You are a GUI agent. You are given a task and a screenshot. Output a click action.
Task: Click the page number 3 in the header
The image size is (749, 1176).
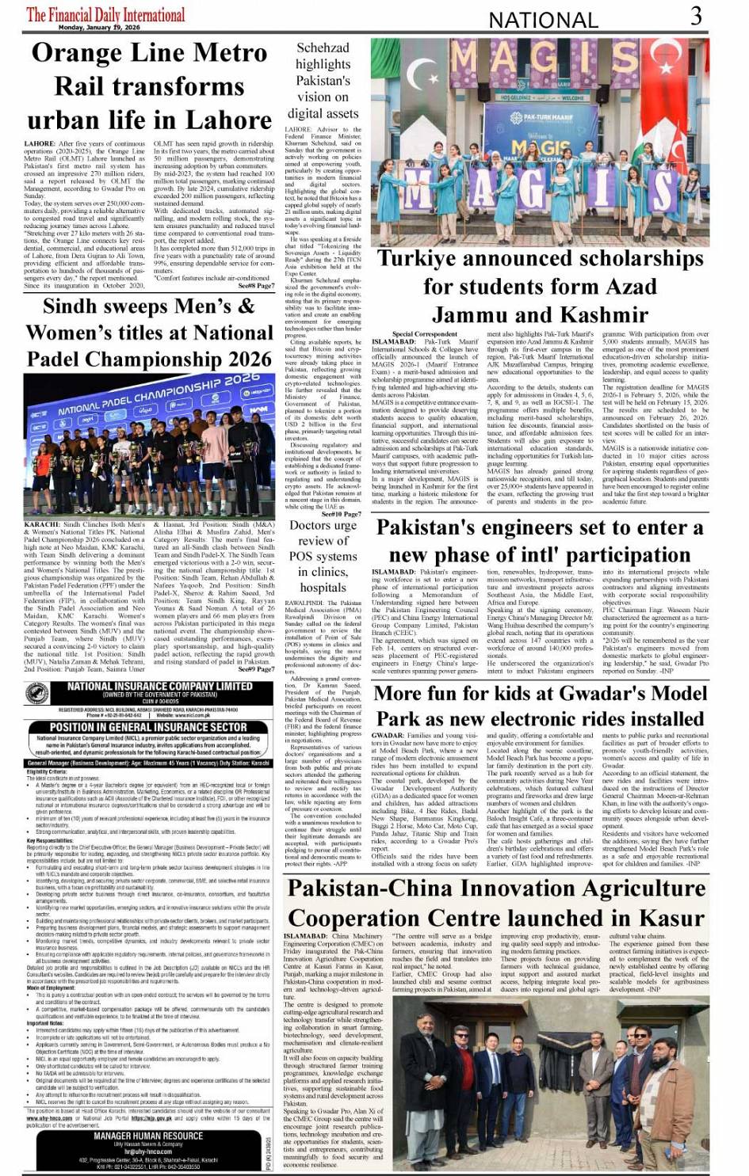coord(695,16)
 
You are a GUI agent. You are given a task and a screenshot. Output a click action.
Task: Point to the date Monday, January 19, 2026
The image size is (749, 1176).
coord(99,28)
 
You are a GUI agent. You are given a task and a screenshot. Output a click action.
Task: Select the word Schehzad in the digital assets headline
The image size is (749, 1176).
coord(323,48)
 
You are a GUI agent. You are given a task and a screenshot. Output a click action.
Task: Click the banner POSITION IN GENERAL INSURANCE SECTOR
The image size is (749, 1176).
coord(148,726)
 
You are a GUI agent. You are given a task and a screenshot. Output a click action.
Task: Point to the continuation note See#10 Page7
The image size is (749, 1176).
coord(342,514)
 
